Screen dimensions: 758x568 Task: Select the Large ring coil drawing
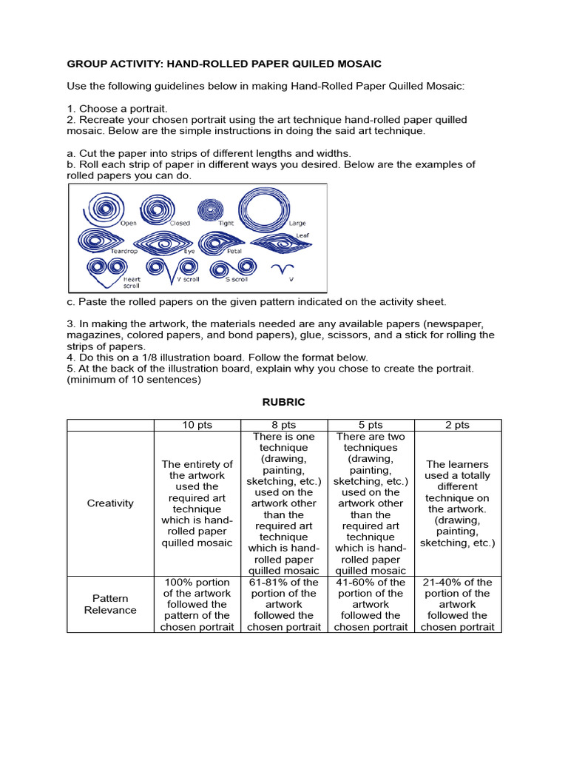[x=265, y=206]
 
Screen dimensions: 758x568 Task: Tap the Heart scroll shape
[x=102, y=269]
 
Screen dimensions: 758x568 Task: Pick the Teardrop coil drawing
[x=95, y=240]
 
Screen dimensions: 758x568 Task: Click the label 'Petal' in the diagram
[x=234, y=252]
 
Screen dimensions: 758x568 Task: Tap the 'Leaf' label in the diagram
[x=302, y=235]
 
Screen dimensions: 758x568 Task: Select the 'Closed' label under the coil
[x=180, y=223]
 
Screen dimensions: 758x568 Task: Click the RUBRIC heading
[x=284, y=402]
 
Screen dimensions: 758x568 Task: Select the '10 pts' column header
[x=197, y=425]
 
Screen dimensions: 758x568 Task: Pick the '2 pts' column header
[x=458, y=425]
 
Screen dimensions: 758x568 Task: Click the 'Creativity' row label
[x=110, y=503]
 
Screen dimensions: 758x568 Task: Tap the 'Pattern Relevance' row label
[x=110, y=604]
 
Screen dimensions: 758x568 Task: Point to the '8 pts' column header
[x=284, y=425]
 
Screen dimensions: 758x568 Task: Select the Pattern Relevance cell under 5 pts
[x=371, y=604]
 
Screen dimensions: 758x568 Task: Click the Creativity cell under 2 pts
[x=458, y=503]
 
